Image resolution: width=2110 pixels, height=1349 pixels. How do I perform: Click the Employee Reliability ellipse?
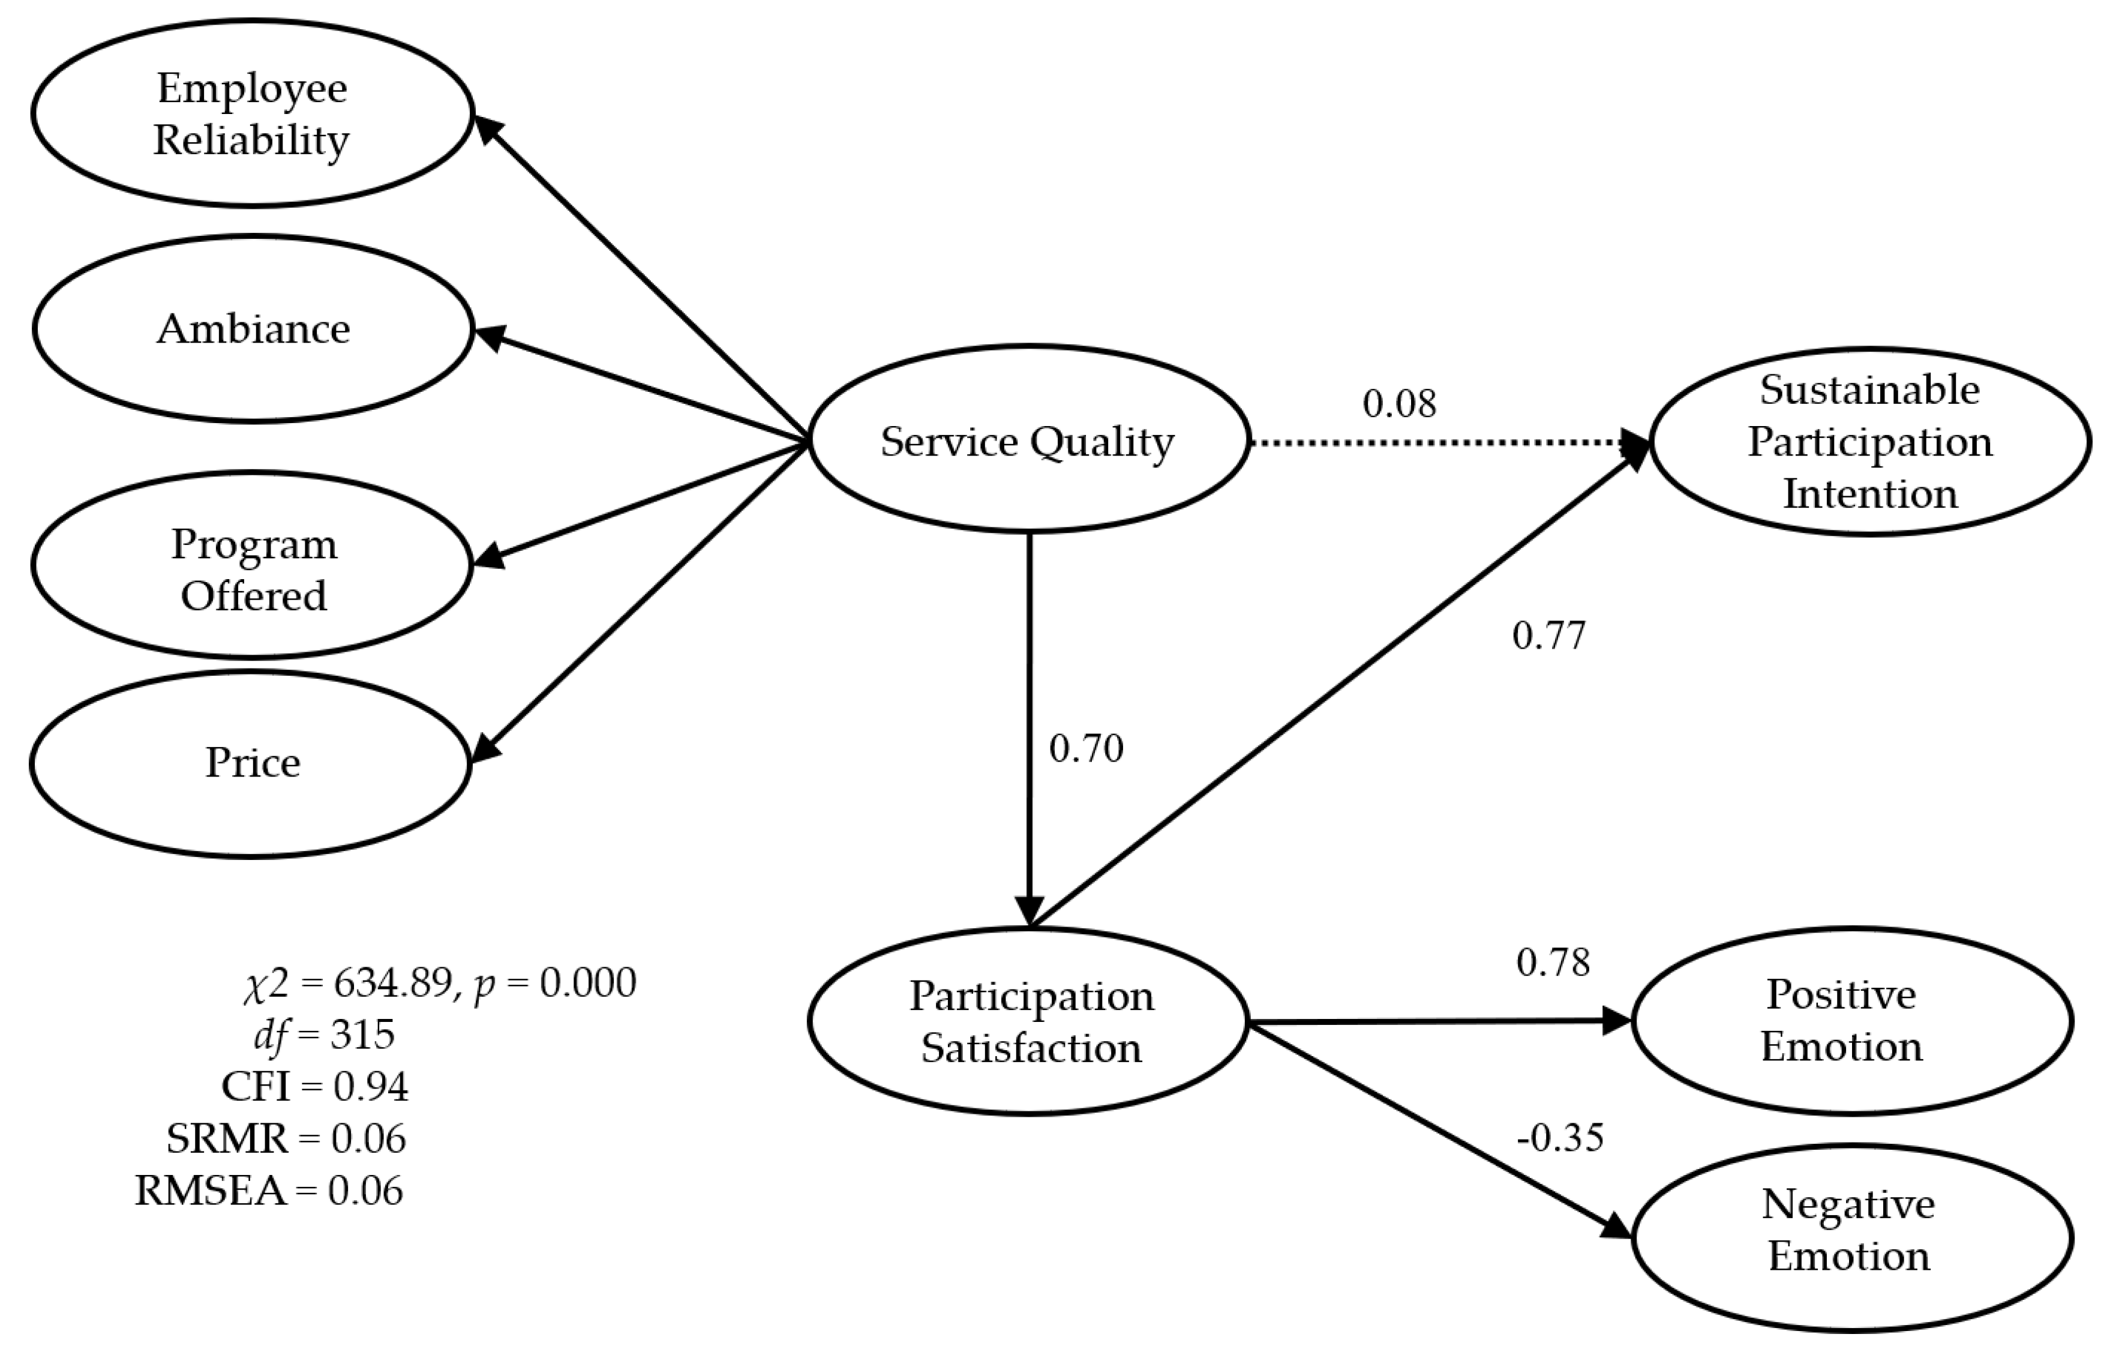(x=253, y=114)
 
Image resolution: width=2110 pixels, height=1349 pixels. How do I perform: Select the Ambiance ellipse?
(x=253, y=329)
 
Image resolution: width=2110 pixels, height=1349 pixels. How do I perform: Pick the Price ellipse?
(x=253, y=763)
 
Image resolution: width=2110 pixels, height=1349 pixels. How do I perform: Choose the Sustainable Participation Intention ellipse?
(x=1869, y=441)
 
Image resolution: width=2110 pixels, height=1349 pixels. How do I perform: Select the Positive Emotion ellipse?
(x=1851, y=1021)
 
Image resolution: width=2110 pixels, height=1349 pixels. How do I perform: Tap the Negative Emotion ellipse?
(x=1851, y=1231)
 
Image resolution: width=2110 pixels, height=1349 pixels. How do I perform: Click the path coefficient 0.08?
(x=1398, y=404)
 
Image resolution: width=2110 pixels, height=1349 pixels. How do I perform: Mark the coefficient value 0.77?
(x=1548, y=636)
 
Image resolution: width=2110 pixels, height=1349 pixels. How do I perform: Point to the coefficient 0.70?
(x=1086, y=748)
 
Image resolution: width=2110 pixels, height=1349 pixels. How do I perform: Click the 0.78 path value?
(x=1553, y=963)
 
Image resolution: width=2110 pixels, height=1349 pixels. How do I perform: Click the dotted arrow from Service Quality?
(x=1437, y=443)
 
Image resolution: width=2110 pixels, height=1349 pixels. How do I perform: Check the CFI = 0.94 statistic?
(x=314, y=1087)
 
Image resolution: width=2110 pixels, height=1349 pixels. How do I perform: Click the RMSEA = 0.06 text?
(x=269, y=1191)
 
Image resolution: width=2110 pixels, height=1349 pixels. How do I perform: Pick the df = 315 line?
(x=324, y=1035)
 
